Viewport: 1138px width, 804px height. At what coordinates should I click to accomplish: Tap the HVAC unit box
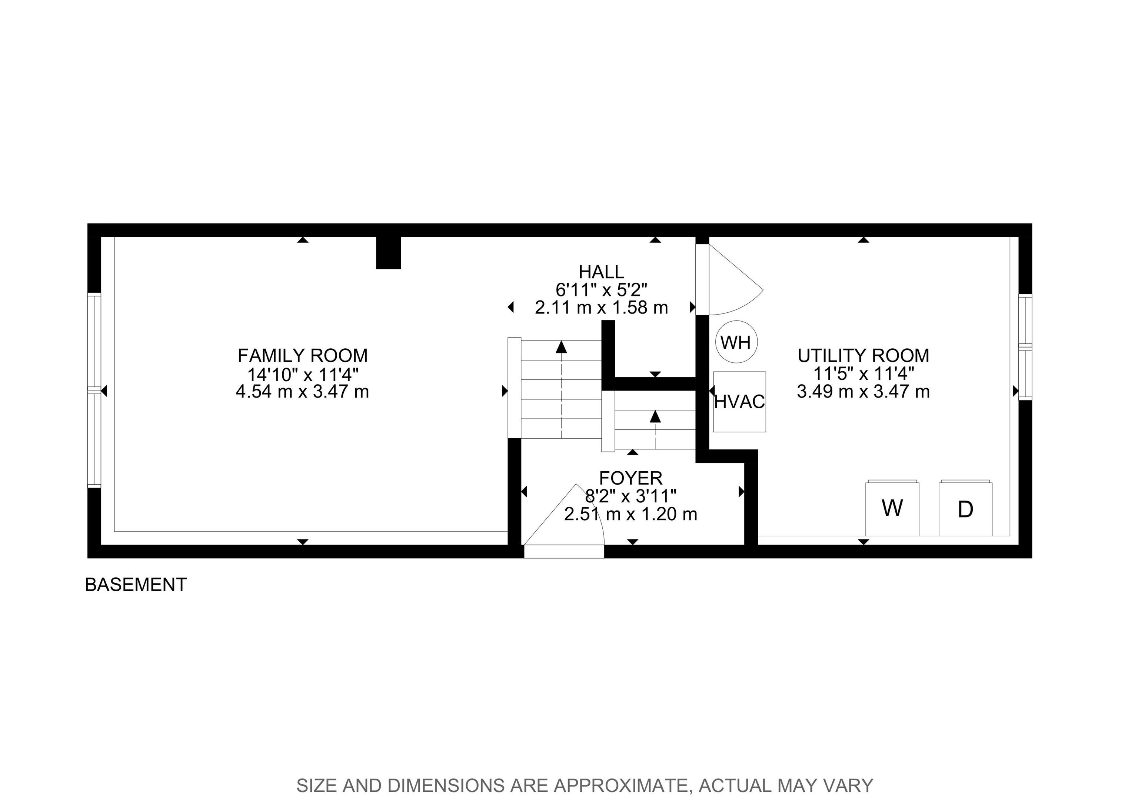coord(739,402)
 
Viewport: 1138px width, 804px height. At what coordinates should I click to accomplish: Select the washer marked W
coord(892,508)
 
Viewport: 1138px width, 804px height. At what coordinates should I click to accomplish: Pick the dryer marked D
coord(965,508)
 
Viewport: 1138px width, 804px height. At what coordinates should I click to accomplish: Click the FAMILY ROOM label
coord(303,355)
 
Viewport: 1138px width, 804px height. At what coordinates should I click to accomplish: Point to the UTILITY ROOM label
coord(864,355)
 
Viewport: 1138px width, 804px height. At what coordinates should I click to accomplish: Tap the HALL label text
coord(601,272)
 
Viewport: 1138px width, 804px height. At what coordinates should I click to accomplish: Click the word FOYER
coord(630,478)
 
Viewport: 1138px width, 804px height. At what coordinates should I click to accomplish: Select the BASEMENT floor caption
coord(136,585)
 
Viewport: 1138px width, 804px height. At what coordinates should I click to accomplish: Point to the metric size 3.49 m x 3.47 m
coord(864,392)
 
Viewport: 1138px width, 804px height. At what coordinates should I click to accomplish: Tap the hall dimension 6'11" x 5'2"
coord(601,289)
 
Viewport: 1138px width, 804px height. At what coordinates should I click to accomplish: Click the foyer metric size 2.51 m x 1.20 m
coord(630,514)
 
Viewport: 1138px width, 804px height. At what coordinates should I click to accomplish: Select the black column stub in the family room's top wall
coord(388,253)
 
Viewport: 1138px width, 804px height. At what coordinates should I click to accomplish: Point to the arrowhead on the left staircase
coord(561,346)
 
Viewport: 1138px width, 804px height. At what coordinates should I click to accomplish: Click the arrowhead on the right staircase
coord(655,416)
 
